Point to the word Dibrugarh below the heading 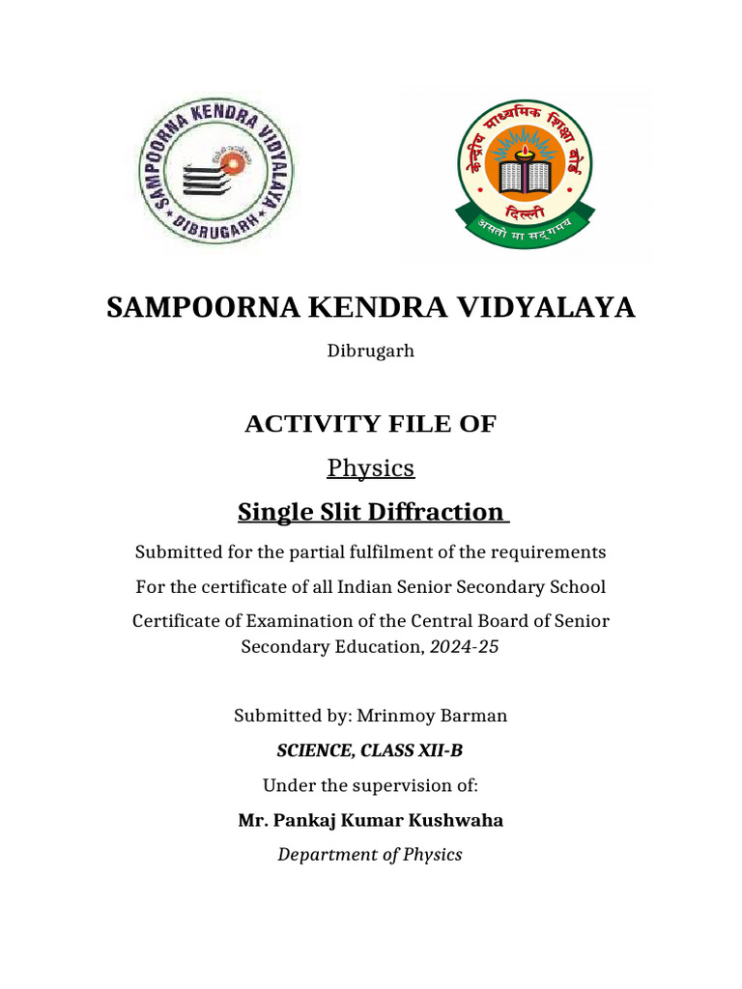pyautogui.click(x=371, y=351)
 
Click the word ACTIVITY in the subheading pyautogui.click(x=299, y=423)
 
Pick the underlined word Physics pyautogui.click(x=371, y=468)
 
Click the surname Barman pyautogui.click(x=472, y=716)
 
